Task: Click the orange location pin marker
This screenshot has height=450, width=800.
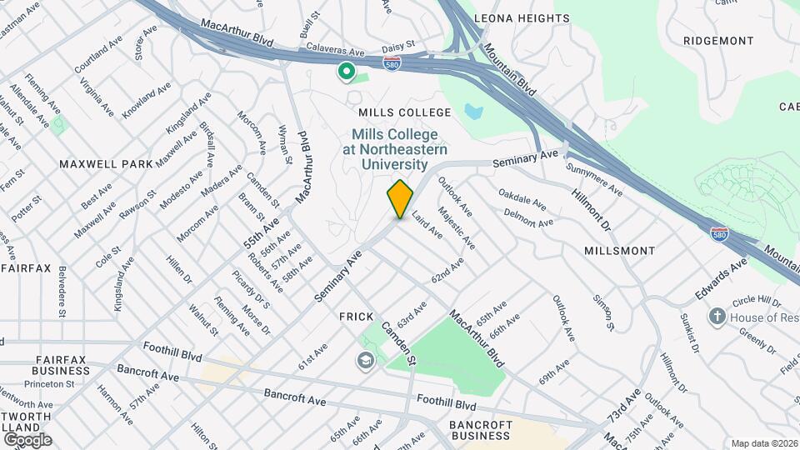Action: click(x=401, y=198)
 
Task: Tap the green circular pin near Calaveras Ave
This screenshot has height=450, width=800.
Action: click(x=346, y=72)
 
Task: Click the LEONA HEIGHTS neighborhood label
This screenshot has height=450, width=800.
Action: click(x=522, y=18)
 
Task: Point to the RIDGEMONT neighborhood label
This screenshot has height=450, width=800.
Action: click(x=718, y=40)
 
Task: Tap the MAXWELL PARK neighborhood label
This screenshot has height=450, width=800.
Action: click(x=106, y=164)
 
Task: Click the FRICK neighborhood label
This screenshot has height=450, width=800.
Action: click(x=354, y=317)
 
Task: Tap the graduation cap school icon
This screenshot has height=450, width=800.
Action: click(x=364, y=361)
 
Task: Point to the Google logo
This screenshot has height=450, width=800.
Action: click(x=27, y=439)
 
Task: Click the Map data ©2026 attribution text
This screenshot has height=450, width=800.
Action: click(x=764, y=443)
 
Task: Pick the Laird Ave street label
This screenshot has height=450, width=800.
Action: click(x=427, y=223)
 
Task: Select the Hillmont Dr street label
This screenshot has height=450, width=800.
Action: click(x=592, y=209)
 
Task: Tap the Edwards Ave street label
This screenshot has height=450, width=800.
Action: click(x=722, y=281)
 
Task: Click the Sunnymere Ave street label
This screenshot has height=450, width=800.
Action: click(x=594, y=178)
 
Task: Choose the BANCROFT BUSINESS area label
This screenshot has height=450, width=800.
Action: click(x=479, y=430)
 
